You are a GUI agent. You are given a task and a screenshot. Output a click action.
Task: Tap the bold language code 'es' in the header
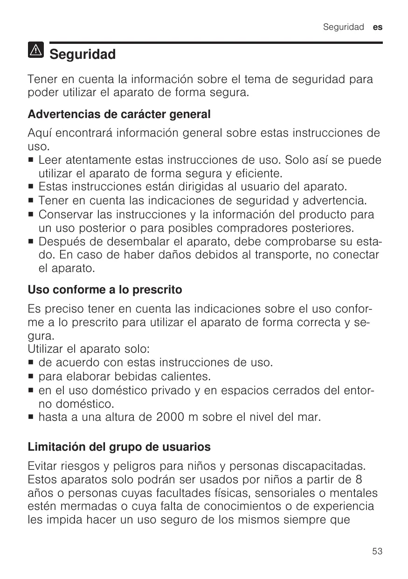click(x=378, y=27)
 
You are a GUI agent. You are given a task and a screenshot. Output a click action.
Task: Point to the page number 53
click(x=378, y=551)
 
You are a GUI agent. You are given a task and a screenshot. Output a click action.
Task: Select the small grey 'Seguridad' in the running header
click(x=343, y=27)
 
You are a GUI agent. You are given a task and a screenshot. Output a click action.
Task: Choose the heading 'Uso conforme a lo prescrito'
click(x=105, y=290)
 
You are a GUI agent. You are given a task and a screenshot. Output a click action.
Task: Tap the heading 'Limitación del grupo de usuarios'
click(x=119, y=447)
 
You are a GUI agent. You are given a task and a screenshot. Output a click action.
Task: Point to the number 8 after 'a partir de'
click(x=358, y=479)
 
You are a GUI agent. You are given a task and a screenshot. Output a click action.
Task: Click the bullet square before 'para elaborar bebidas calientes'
click(x=31, y=376)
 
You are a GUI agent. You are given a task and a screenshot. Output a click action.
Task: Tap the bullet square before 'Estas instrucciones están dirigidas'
click(x=31, y=188)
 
